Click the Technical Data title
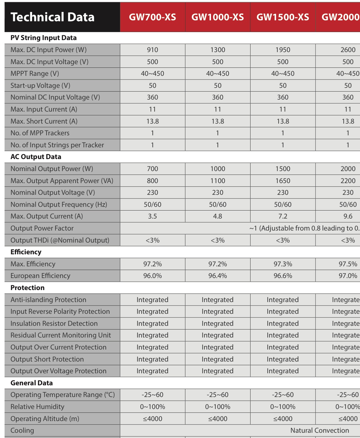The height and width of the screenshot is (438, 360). [52, 17]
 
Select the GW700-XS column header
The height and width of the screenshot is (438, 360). [152, 17]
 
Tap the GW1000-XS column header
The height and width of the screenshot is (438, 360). [217, 17]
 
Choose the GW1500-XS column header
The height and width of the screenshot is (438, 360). [283, 17]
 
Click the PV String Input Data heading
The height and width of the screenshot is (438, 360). [43, 38]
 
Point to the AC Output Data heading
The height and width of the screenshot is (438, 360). [36, 157]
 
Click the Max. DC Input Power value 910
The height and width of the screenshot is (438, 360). [152, 50]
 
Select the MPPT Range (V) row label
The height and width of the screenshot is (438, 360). [35, 74]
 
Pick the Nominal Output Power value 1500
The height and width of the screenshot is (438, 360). [283, 169]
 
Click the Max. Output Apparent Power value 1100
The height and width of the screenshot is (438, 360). [217, 181]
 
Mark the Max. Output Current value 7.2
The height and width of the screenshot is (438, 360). [283, 216]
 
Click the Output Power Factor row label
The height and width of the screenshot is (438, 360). [42, 228]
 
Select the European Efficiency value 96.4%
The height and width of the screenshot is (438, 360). [217, 276]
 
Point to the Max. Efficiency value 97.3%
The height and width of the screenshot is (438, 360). [283, 264]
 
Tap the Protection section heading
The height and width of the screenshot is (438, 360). [27, 288]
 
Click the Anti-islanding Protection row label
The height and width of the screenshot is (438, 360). [48, 300]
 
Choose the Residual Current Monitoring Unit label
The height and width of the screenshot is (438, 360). [60, 335]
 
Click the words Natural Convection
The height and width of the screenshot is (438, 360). [320, 431]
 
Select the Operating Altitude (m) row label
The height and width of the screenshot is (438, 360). [45, 419]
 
